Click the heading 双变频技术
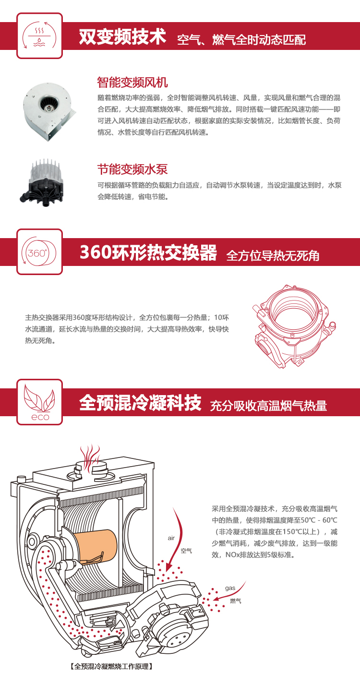(122, 36)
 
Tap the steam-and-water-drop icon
(39, 36)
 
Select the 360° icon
(39, 252)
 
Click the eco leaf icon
(39, 402)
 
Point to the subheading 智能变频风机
(132, 82)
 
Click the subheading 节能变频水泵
(132, 169)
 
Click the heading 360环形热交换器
(148, 252)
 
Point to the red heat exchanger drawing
(294, 326)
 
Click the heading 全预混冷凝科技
(140, 403)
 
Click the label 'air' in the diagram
(171, 538)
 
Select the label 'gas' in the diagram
(230, 588)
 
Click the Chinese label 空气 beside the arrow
(186, 551)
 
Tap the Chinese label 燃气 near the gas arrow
(236, 601)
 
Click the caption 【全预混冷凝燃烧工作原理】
(111, 666)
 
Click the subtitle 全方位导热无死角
(273, 255)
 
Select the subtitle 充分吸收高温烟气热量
(268, 406)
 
